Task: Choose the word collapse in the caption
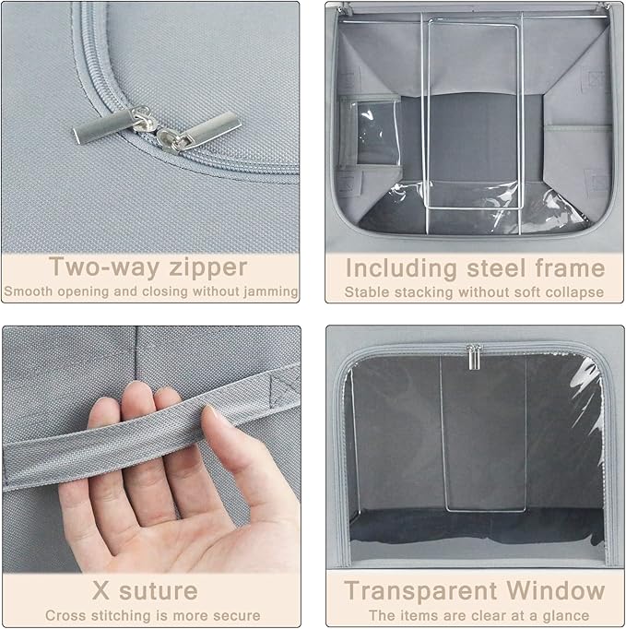coord(576,291)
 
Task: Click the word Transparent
coord(420,590)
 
